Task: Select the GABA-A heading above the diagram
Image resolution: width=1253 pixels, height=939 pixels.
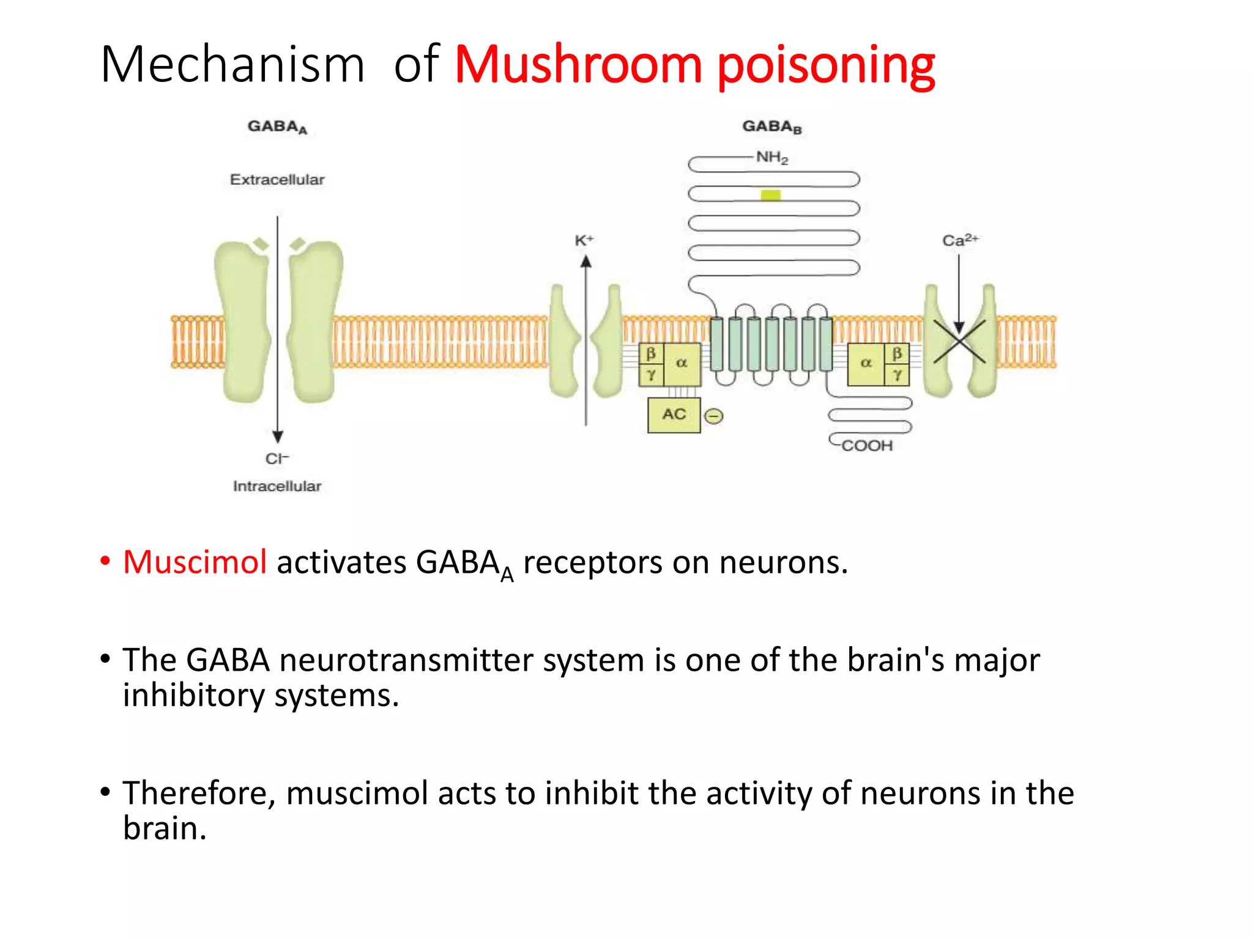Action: click(x=277, y=127)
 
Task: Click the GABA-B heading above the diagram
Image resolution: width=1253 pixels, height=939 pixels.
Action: click(x=772, y=127)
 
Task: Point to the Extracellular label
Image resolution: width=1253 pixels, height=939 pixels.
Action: click(x=277, y=180)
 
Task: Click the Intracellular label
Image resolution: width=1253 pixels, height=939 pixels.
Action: click(x=277, y=486)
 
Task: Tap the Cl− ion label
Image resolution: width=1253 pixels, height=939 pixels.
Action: click(x=277, y=458)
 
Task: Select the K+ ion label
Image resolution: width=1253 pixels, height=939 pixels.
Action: click(x=584, y=240)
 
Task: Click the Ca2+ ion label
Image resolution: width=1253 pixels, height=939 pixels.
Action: click(x=960, y=240)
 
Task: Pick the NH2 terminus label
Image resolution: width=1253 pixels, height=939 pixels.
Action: click(x=772, y=158)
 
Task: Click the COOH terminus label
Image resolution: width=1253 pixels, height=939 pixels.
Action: click(x=867, y=446)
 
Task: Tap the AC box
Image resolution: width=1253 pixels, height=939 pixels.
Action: click(x=674, y=414)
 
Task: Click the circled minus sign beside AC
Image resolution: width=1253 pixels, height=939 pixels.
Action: click(x=713, y=416)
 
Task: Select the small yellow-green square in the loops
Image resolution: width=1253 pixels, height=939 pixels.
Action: click(x=770, y=195)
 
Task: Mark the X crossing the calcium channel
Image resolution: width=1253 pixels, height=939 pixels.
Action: click(x=959, y=342)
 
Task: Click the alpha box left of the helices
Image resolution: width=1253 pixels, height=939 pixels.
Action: click(x=682, y=363)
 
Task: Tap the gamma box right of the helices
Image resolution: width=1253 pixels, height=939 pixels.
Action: click(x=897, y=375)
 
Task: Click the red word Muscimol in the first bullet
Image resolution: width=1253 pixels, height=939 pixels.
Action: click(x=195, y=562)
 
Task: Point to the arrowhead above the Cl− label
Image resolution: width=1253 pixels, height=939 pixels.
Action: click(x=278, y=436)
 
